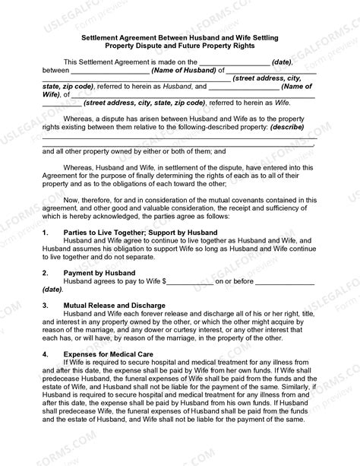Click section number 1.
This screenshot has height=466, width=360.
(46, 231)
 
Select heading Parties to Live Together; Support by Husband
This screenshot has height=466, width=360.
(135, 231)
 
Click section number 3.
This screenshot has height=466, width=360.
(46, 306)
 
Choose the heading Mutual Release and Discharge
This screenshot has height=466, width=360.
(113, 306)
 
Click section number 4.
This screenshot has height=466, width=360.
(46, 354)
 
